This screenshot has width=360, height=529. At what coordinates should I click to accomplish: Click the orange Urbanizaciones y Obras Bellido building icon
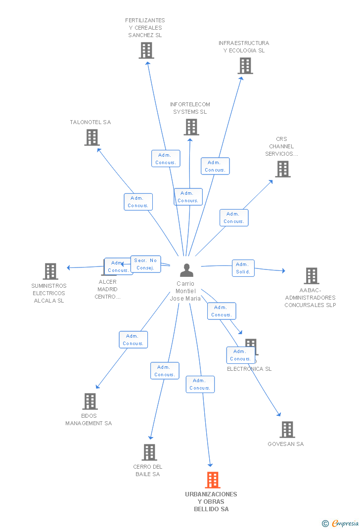[x=212, y=480]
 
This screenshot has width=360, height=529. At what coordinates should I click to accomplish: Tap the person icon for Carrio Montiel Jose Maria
[x=186, y=270]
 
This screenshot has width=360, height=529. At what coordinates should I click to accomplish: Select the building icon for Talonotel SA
[x=91, y=137]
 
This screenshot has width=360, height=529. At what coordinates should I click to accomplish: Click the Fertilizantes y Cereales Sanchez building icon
[x=146, y=50]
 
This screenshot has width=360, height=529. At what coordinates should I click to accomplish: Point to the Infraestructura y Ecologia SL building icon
[x=245, y=66]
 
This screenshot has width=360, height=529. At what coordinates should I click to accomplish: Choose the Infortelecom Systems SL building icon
[x=191, y=127]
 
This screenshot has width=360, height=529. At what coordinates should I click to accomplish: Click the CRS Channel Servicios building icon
[x=282, y=169]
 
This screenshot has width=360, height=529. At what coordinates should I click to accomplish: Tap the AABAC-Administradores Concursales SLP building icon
[x=311, y=276]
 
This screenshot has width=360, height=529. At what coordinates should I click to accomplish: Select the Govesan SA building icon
[x=287, y=430]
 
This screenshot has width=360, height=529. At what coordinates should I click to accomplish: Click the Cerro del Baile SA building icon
[x=149, y=452]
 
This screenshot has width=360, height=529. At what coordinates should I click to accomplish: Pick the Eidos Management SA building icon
[x=90, y=401]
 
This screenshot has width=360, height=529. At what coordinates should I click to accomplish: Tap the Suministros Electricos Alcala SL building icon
[x=50, y=271]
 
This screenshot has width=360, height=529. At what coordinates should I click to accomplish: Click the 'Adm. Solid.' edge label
[x=243, y=268]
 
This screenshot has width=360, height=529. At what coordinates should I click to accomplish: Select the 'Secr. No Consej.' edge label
[x=146, y=264]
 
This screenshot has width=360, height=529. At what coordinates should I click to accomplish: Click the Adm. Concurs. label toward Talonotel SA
[x=138, y=202]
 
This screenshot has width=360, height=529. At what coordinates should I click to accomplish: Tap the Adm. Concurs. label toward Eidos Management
[x=133, y=340]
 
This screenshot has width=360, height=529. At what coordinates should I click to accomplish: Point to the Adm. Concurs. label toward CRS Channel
[x=234, y=218]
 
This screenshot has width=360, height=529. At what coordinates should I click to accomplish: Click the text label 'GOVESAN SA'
[x=286, y=444]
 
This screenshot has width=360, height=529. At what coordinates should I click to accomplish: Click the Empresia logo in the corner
[x=341, y=523]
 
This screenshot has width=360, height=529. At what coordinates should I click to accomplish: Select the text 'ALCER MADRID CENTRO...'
[x=107, y=289]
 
